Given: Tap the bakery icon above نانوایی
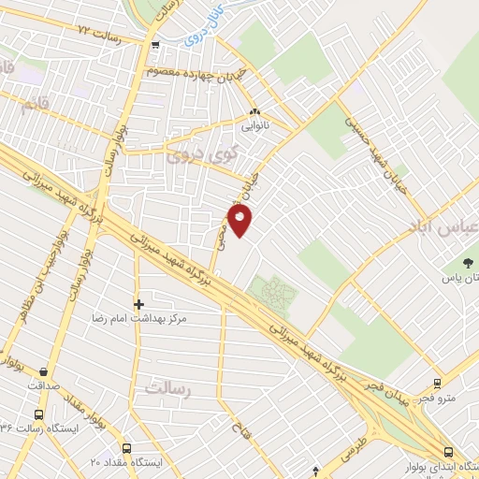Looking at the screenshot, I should point(254,111).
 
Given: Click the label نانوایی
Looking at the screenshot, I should point(254,124).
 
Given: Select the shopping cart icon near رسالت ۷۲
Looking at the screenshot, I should point(155,42).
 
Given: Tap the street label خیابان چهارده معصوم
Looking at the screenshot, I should point(198,72).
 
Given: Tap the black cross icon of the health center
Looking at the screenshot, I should point(139,304).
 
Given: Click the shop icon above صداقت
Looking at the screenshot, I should point(44,372).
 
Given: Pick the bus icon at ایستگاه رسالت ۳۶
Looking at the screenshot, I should point(38,414).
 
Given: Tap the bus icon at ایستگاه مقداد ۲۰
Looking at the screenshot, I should point(127,448).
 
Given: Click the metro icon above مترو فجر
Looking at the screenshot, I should point(437,384).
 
